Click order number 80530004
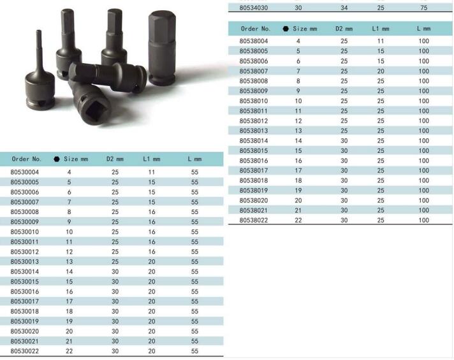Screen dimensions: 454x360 tap(25, 172)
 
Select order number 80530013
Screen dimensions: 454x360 tap(25, 262)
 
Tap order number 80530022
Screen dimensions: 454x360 tap(25, 351)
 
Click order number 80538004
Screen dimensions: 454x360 tap(254, 41)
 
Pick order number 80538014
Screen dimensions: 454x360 tap(254, 141)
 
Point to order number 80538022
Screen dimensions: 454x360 tap(254, 220)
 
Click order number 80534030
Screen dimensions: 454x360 tap(254, 8)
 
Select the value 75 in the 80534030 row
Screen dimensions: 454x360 tap(423, 8)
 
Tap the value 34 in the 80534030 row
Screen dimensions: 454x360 tap(344, 8)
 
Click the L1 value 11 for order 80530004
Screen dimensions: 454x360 tap(151, 172)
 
